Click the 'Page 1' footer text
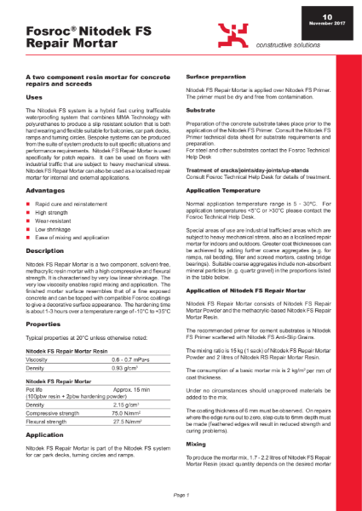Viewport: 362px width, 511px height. click(x=181, y=495)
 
